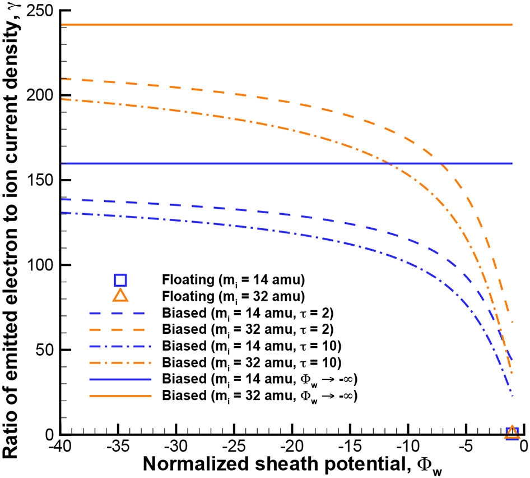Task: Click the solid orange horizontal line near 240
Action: tap(280, 25)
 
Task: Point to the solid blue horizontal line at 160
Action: tap(224, 163)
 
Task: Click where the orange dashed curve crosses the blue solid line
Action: tap(441, 163)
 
